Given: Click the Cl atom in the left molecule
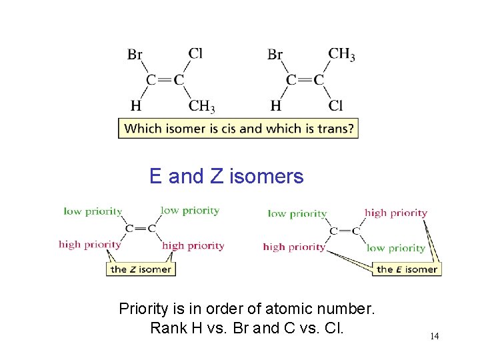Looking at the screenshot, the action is [195, 53].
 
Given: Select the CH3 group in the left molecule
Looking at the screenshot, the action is [201, 106].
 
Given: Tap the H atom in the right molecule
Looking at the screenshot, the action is [275, 105].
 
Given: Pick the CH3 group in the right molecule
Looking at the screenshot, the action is [341, 53].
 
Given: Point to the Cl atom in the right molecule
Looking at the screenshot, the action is [336, 105].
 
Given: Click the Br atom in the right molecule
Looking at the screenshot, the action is [275, 55].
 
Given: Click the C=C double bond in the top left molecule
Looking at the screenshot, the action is [165, 80].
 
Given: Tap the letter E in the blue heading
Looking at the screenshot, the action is [155, 177].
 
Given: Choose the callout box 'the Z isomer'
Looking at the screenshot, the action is [141, 269].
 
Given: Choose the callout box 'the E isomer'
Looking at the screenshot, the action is [407, 269].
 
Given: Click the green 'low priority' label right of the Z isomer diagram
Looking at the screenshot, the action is [190, 211].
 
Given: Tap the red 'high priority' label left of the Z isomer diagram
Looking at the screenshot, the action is [90, 244].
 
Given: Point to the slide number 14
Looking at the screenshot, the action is [434, 336].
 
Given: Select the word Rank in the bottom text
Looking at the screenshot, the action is [168, 328].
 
